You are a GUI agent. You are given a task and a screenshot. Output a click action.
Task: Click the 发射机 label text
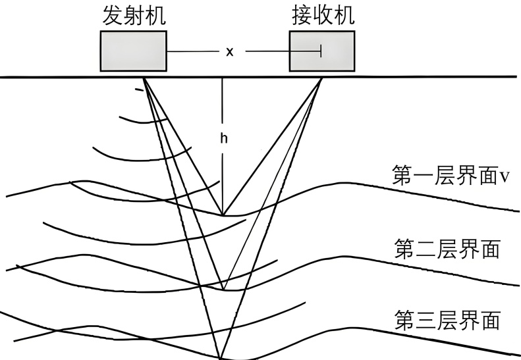134,16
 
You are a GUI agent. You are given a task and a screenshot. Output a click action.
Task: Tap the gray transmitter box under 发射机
133,51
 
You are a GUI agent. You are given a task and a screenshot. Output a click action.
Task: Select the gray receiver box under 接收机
322,51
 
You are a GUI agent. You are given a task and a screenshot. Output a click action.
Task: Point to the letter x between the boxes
230,51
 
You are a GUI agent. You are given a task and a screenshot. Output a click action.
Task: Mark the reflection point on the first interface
223,215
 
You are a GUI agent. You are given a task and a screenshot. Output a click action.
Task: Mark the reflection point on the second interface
223,290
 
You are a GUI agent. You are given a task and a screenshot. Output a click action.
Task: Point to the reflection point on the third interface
221,357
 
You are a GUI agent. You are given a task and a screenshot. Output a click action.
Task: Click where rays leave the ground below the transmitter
143,79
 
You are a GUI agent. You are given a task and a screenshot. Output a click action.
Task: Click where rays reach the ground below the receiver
321,79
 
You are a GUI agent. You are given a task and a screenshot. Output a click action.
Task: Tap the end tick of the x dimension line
321,51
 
